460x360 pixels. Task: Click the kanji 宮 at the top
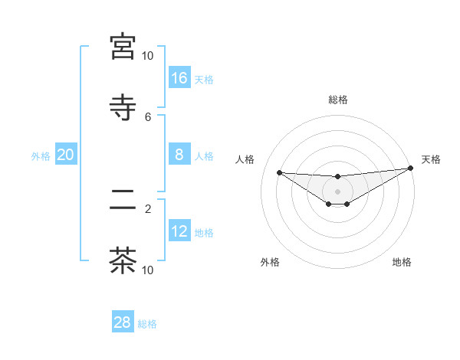123,47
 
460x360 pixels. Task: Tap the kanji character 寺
123,106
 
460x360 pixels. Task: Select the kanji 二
123,200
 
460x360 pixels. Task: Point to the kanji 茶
123,260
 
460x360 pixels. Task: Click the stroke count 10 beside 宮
147,56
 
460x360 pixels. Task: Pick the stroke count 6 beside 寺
148,116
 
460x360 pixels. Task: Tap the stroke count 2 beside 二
148,208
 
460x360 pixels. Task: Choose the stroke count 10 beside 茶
147,270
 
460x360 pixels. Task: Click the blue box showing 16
179,77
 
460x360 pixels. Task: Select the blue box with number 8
179,155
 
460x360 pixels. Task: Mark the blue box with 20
66,155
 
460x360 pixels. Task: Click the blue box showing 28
123,322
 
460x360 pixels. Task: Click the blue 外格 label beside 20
41,156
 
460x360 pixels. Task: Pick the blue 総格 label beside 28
147,324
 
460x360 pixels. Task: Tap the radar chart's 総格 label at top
337,100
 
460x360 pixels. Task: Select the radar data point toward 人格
279,172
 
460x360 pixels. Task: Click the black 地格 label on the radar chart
402,263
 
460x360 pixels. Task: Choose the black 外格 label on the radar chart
270,263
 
